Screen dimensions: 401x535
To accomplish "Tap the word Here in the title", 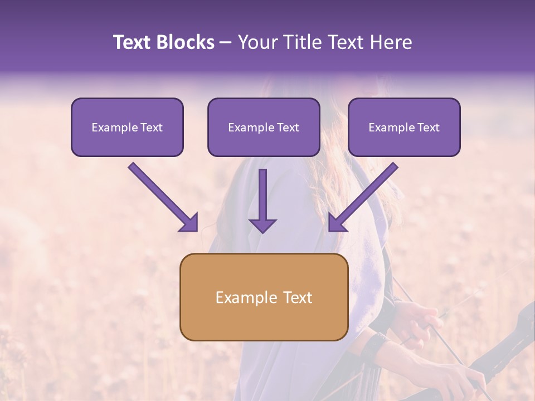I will pyautogui.click(x=391, y=42).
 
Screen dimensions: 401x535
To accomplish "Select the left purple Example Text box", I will pyautogui.click(x=127, y=127).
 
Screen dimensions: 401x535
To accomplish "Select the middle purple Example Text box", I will pyautogui.click(x=264, y=127).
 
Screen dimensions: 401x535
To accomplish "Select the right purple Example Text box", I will pyautogui.click(x=404, y=127).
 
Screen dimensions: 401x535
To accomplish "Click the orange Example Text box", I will pyautogui.click(x=264, y=297).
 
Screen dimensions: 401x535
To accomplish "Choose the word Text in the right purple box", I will pyautogui.click(x=428, y=128).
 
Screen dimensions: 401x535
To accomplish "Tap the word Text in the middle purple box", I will pyautogui.click(x=288, y=128).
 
